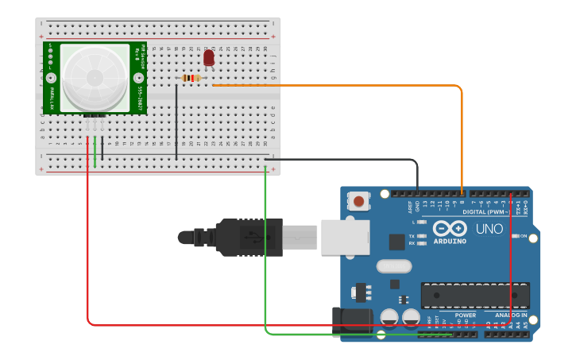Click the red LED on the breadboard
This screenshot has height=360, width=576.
coord(209,57)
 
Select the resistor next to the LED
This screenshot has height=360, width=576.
coord(191,78)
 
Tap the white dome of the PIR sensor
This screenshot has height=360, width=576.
coord(95,77)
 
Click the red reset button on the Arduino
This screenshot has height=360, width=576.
coord(359,201)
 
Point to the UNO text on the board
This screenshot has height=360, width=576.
coord(489,229)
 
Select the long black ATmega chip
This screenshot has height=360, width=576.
coord(474,295)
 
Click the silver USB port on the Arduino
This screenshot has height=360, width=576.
coord(345,237)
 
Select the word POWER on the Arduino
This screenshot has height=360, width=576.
coord(465,315)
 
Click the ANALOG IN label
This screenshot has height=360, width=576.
coord(511,315)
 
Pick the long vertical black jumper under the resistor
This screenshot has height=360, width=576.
coord(176,119)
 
